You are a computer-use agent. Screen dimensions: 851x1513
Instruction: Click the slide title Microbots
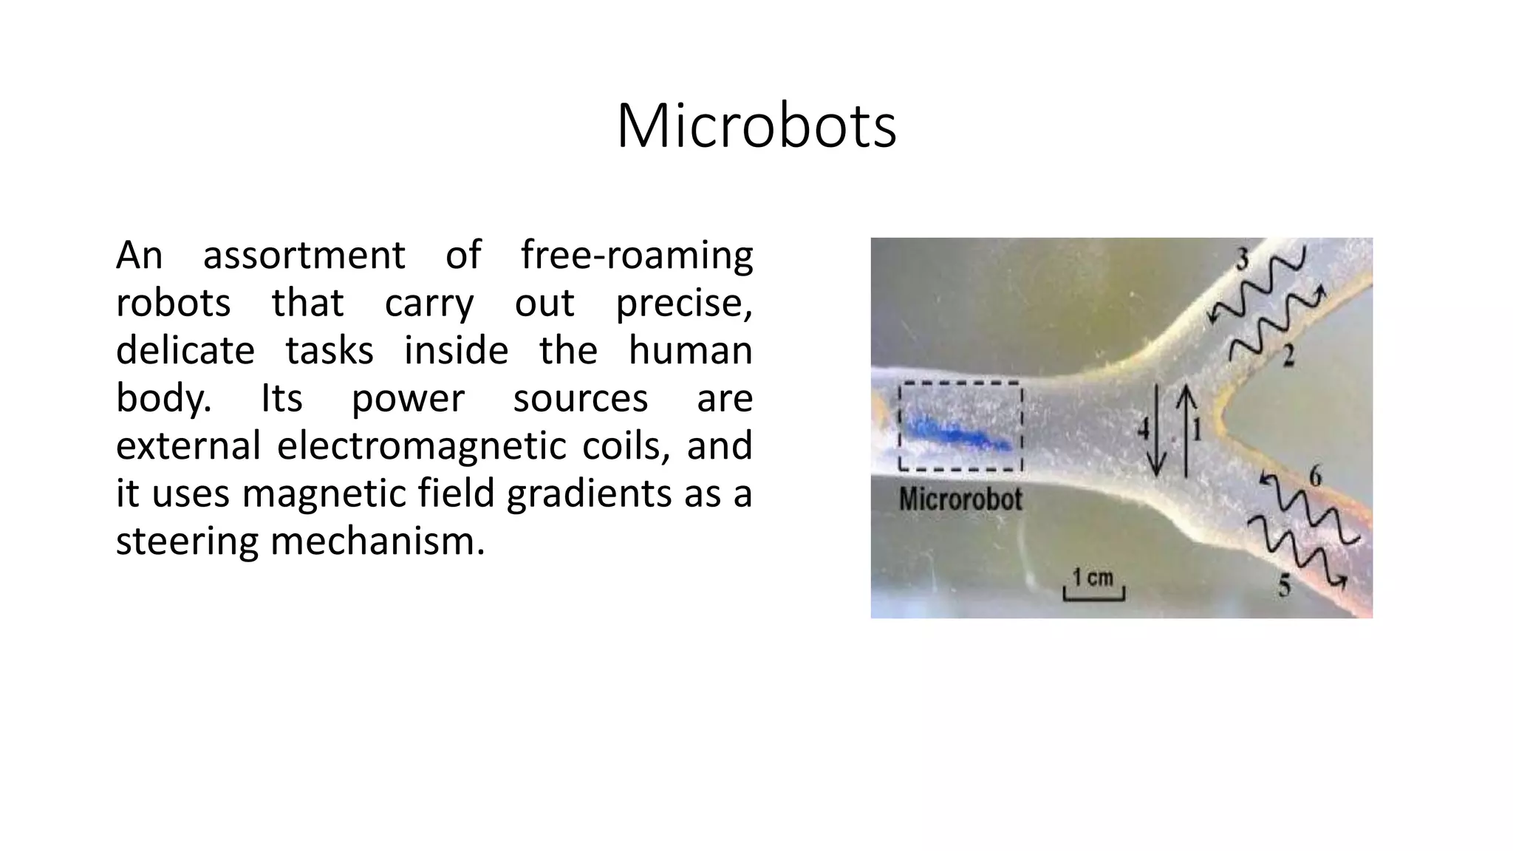[756, 126]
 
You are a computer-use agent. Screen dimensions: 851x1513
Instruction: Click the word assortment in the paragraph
[304, 256]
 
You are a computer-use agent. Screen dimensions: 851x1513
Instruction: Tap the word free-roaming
[636, 256]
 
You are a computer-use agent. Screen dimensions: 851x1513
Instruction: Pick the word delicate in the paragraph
[185, 351]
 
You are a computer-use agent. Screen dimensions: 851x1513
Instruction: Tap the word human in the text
[690, 351]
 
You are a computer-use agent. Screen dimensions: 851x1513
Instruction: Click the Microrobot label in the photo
[960, 500]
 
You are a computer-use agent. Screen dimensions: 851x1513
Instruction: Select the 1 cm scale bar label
[1093, 578]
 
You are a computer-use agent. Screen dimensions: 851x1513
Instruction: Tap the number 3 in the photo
[1243, 260]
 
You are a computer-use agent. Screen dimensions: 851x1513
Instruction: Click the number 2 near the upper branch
[1288, 357]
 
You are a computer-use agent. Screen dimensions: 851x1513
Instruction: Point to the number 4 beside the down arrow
[1144, 429]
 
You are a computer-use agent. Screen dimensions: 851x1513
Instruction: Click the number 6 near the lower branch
[1315, 477]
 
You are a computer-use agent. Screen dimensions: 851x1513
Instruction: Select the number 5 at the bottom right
[1285, 586]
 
